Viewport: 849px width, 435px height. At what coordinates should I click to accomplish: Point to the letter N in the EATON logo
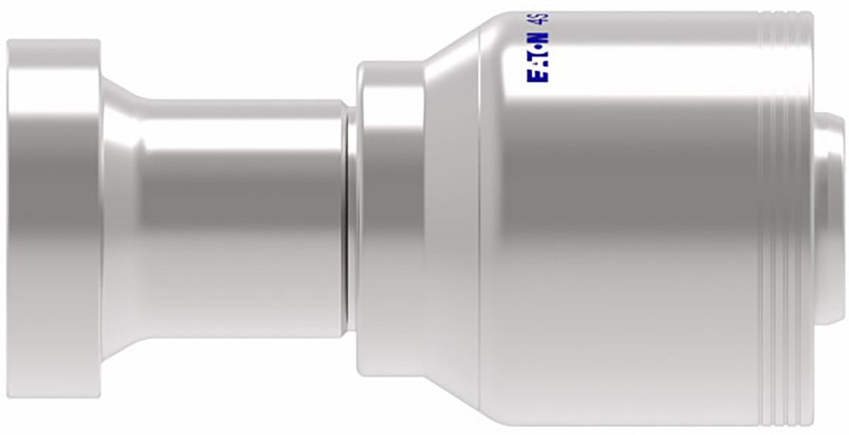[x=538, y=38]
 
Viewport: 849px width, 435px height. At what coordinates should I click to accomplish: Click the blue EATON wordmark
[x=538, y=57]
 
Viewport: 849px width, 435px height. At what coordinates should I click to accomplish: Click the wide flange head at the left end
[x=54, y=219]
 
